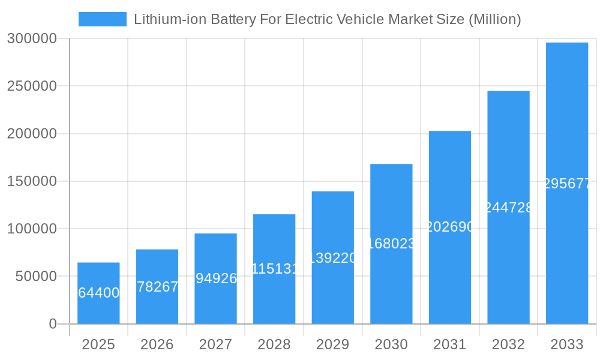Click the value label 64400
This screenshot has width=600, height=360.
(98, 293)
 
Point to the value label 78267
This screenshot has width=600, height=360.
(157, 287)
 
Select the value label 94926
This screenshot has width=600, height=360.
(215, 278)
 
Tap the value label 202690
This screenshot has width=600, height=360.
(450, 227)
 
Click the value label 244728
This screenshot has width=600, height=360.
(508, 208)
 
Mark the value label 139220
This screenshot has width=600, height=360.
(333, 258)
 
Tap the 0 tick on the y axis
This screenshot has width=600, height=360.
(53, 324)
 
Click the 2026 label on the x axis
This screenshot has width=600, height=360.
(157, 344)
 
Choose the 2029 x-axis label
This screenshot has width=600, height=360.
(333, 344)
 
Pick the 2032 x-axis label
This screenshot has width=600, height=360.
(508, 344)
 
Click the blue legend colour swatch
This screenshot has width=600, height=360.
(103, 19)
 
